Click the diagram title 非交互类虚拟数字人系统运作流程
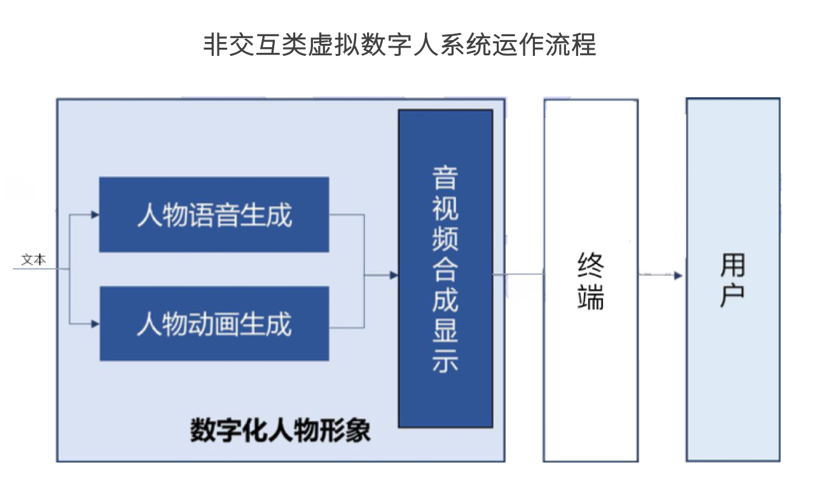400,45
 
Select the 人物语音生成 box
214,214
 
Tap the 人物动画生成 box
214,324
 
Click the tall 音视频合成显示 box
446,268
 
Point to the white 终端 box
591,281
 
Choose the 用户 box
733,279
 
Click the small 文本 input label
34,260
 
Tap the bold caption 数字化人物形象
280,430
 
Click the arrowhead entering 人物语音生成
95,214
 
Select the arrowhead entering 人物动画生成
95,324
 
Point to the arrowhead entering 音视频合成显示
394,275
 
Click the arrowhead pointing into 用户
678,275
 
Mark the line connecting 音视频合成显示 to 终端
518,274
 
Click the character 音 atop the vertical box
445,178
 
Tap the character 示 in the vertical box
445,361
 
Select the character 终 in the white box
591,265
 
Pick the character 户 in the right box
733,295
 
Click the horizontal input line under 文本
41,269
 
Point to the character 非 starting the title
216,45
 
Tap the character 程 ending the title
584,45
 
